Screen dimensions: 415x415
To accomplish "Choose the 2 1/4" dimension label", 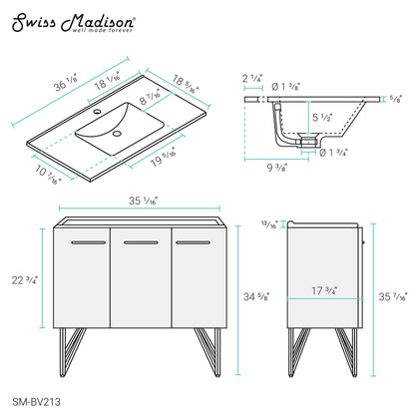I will pos(252,76).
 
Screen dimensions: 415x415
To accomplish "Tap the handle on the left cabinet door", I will pos(87,242).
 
